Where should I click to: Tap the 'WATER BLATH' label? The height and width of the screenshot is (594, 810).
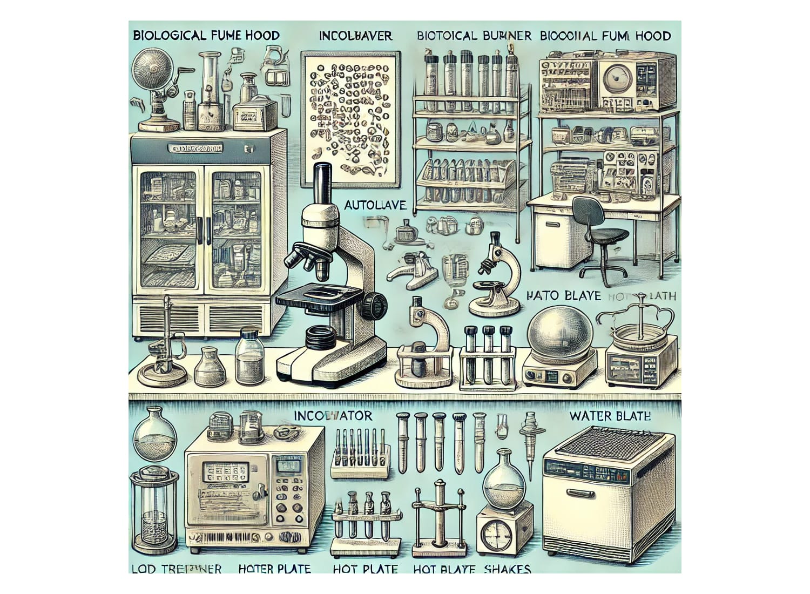tap(610, 416)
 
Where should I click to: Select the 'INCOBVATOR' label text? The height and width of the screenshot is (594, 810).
tap(333, 416)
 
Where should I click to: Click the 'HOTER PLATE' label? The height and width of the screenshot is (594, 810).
tap(274, 569)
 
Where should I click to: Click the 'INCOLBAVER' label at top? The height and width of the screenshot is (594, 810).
tap(355, 36)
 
